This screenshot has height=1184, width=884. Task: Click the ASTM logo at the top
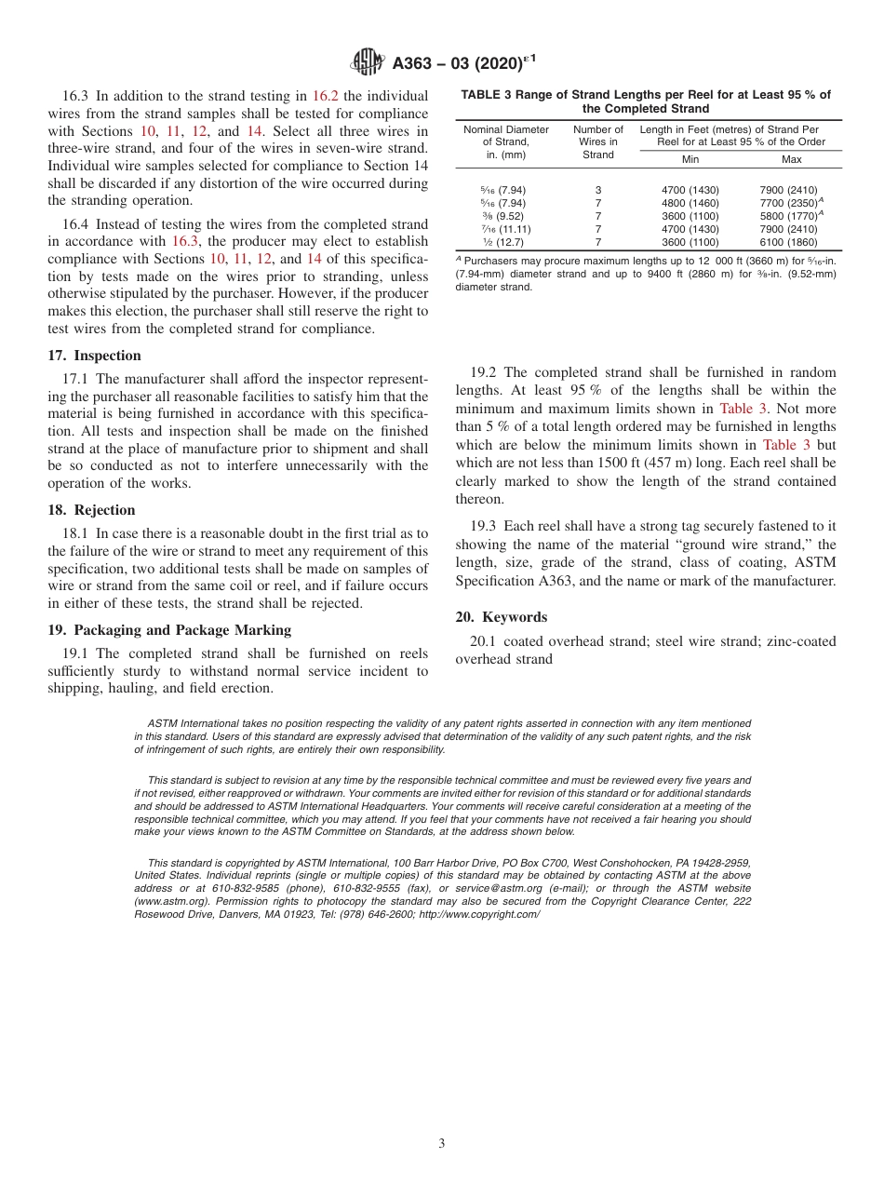pyautogui.click(x=368, y=62)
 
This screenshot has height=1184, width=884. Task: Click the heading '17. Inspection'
pyautogui.click(x=94, y=356)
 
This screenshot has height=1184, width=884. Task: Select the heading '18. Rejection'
pyautogui.click(x=91, y=510)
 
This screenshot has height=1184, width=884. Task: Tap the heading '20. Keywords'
pyautogui.click(x=501, y=617)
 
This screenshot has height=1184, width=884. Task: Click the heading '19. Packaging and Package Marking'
pyautogui.click(x=168, y=630)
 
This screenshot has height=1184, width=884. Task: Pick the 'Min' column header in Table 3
pyautogui.click(x=690, y=159)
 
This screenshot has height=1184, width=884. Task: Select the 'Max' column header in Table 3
pyautogui.click(x=792, y=159)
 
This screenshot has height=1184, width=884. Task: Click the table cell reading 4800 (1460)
pyautogui.click(x=690, y=203)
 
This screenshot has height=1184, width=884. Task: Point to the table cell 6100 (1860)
pyautogui.click(x=788, y=242)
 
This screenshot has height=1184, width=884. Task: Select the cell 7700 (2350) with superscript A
pyautogui.click(x=792, y=203)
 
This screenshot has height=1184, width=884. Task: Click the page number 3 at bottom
pyautogui.click(x=442, y=1144)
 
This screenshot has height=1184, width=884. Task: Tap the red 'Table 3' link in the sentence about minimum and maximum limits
pyautogui.click(x=743, y=409)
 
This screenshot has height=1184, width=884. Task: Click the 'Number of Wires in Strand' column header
pyautogui.click(x=598, y=141)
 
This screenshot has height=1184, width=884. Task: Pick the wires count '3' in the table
pyautogui.click(x=598, y=190)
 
